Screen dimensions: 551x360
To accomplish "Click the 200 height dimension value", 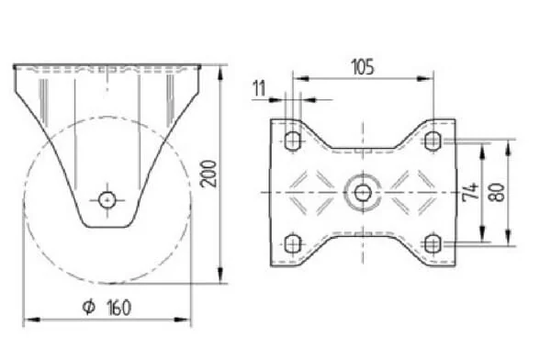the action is pos(208,174).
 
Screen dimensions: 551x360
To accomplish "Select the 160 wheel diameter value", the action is pos(119,308).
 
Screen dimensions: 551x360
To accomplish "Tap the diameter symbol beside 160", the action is pos(89,307).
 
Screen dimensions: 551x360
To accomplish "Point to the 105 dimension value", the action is pos(363,67).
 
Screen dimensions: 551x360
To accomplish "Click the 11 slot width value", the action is pos(259,88).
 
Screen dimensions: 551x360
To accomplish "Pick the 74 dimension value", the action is pos(471,190).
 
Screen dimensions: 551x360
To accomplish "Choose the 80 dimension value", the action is pos(497,192).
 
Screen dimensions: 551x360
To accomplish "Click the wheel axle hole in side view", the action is pos(107,200).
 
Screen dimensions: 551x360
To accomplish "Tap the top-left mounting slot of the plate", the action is pos(292,141).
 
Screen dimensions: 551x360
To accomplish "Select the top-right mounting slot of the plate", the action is pos(433,141).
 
